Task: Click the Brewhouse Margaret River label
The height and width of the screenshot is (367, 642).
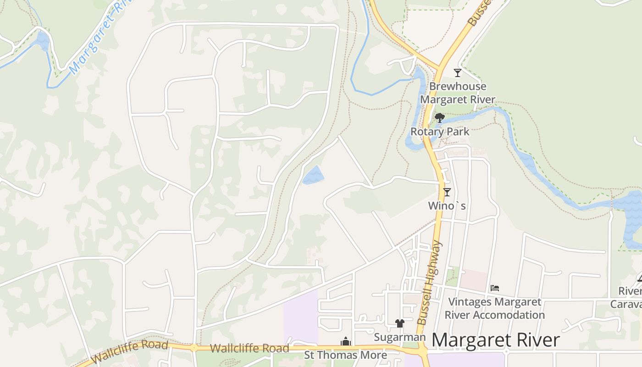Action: [458, 93]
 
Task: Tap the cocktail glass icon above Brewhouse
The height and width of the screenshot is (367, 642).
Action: [457, 72]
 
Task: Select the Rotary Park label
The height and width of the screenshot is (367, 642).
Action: [440, 132]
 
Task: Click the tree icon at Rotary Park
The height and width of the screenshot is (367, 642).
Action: [440, 118]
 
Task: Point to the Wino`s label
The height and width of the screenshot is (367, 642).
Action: [447, 206]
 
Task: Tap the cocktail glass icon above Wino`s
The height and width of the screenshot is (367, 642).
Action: [447, 192]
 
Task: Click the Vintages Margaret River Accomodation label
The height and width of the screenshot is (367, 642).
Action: [494, 308]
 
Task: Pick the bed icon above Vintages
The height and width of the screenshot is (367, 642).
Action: [494, 288]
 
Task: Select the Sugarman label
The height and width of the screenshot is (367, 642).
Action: [400, 337]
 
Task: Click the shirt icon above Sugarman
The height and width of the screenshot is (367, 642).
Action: [400, 323]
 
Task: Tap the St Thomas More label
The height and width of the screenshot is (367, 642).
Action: [346, 355]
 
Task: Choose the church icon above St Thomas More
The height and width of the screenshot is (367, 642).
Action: [346, 342]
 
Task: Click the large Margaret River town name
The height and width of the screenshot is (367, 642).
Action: [496, 340]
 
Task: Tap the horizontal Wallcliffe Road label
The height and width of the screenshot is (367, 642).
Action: [249, 348]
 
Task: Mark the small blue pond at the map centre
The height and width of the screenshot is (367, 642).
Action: [313, 175]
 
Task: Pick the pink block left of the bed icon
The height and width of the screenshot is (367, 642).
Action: [473, 280]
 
